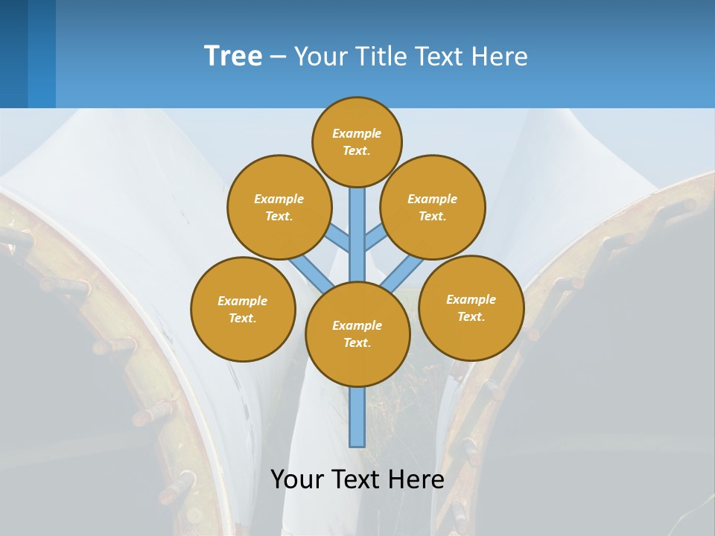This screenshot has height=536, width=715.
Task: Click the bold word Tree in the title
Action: point(233,57)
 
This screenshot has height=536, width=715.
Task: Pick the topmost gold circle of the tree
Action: point(357,141)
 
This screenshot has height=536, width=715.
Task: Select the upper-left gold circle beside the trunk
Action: point(279,207)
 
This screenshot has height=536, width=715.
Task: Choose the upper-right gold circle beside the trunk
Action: point(432,207)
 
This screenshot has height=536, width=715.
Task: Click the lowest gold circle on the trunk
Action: point(357,334)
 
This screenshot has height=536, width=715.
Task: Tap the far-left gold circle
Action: point(243,309)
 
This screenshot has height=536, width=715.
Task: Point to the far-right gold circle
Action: point(471,307)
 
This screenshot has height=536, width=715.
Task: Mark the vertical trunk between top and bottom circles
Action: point(357,234)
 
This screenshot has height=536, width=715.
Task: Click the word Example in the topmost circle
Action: point(357,133)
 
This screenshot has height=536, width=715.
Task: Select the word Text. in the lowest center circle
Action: point(357,342)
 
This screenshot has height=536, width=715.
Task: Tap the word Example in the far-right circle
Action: point(471,299)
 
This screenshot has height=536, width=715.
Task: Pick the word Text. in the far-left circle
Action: point(243,318)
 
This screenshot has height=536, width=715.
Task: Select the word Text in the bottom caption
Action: point(355,479)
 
